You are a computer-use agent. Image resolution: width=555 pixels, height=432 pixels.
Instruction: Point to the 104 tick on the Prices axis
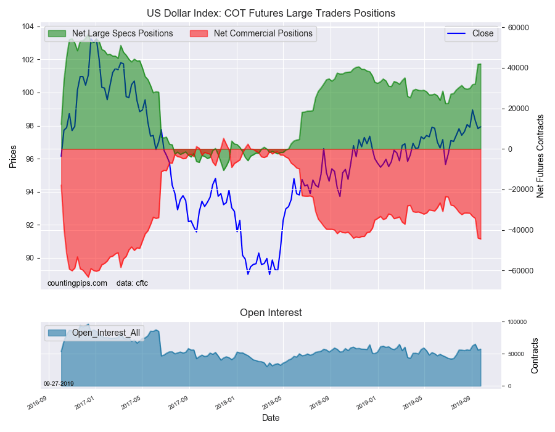(27, 27)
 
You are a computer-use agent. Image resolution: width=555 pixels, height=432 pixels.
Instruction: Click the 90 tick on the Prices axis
(30, 258)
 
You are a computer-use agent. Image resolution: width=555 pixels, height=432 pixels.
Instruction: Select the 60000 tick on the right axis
(517, 28)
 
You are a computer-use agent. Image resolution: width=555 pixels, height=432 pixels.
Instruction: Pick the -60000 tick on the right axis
(519, 271)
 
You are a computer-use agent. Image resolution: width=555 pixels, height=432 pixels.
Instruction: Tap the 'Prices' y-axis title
(13, 157)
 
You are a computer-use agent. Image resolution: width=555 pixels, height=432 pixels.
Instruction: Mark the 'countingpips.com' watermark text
(77, 283)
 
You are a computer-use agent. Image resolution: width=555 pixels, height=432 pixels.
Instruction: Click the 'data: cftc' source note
(132, 283)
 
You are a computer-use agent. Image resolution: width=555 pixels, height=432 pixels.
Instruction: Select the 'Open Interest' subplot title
(271, 312)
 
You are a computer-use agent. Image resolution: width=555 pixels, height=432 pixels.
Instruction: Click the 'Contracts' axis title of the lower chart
(535, 355)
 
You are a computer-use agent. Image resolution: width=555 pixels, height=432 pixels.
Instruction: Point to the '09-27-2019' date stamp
(59, 384)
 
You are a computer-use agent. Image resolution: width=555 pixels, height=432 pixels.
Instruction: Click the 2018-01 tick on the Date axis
(226, 404)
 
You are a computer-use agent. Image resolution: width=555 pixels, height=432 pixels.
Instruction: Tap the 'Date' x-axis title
(271, 418)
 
